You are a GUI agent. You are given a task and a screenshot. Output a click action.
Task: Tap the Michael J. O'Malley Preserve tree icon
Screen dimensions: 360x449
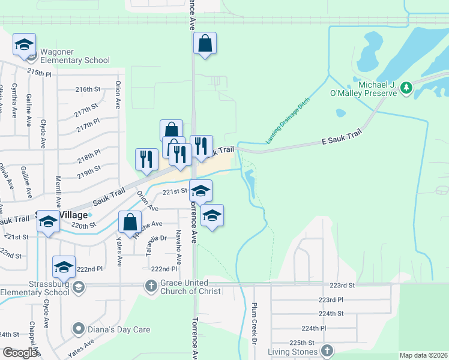click(407, 88)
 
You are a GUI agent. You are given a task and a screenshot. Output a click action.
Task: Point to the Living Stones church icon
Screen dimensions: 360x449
click(327, 350)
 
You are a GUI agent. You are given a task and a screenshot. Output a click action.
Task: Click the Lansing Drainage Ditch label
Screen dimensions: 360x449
click(288, 120)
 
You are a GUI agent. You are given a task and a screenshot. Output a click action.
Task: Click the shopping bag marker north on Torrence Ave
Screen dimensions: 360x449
click(205, 43)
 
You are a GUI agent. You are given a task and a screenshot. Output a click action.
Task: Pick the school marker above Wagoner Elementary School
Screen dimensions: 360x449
click(25, 44)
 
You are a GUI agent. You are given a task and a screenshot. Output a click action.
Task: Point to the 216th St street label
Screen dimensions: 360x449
click(87, 89)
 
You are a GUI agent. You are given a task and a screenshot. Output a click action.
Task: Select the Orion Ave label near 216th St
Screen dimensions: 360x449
click(118, 95)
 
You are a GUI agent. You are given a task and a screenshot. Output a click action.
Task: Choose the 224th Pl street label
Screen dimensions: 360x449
click(314, 328)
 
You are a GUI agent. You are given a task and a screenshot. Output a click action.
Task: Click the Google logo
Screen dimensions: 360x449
click(20, 352)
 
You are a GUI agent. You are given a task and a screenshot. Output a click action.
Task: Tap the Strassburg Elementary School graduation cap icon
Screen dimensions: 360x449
click(77, 288)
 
